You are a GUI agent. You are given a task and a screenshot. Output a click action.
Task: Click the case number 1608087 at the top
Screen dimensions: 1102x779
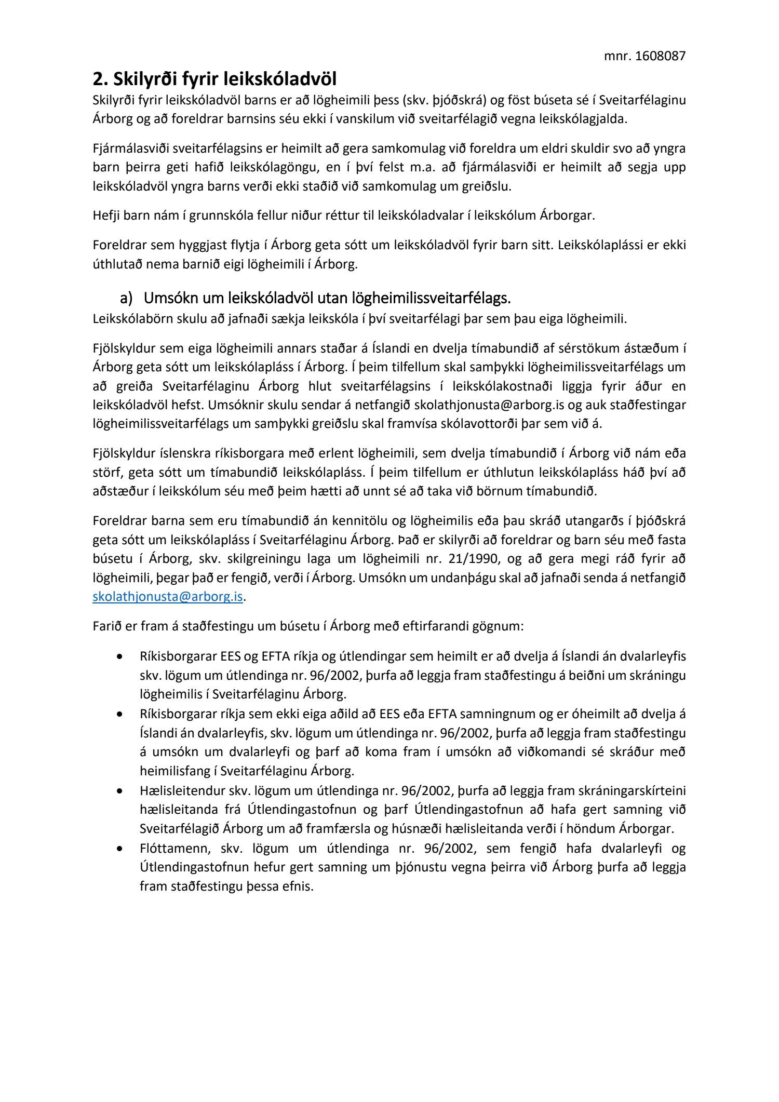click(x=660, y=56)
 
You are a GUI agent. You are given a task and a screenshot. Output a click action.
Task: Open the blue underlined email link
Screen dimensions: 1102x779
click(x=168, y=597)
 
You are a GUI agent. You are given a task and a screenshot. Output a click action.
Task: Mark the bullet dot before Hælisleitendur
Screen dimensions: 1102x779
click(x=120, y=791)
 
